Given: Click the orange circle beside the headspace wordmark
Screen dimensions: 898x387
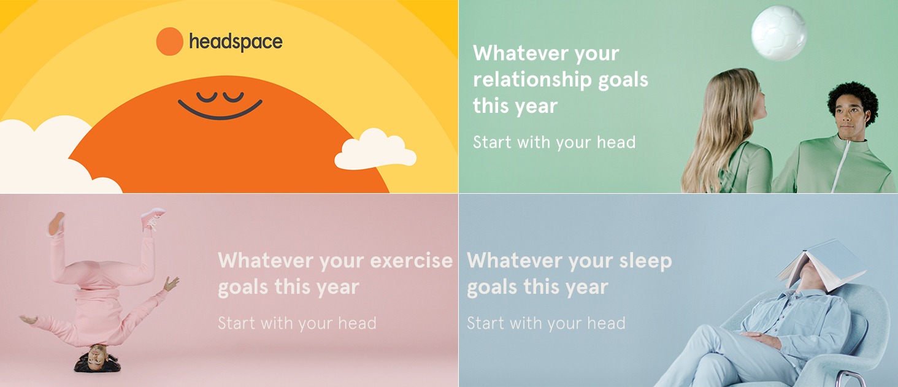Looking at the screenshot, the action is coord(169,41).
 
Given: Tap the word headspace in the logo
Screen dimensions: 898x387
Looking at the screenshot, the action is coord(236,42).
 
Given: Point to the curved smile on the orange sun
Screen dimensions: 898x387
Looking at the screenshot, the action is coord(220,110).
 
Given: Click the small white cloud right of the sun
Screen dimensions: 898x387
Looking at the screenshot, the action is coord(375,150).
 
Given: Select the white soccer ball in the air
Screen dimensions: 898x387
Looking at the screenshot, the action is coord(778,33).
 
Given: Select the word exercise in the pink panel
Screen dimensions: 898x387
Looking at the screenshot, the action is coord(412,261).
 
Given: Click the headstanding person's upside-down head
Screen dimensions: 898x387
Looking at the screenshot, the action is coord(97,358).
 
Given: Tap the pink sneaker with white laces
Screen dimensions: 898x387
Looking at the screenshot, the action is coord(153,218).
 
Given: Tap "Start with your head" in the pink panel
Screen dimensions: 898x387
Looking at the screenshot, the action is coord(297,323).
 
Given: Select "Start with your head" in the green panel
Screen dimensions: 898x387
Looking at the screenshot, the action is coord(554,142).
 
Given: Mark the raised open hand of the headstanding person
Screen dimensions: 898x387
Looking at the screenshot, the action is coord(171,283).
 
